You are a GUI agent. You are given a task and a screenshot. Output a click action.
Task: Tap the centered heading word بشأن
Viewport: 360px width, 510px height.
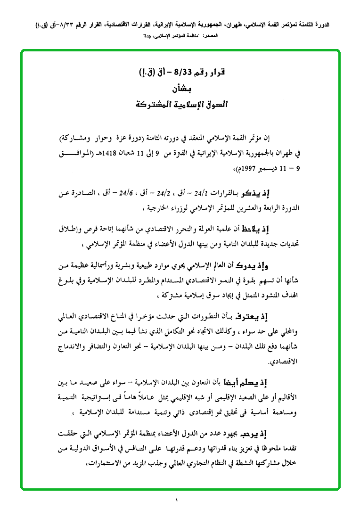coord(180,88)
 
